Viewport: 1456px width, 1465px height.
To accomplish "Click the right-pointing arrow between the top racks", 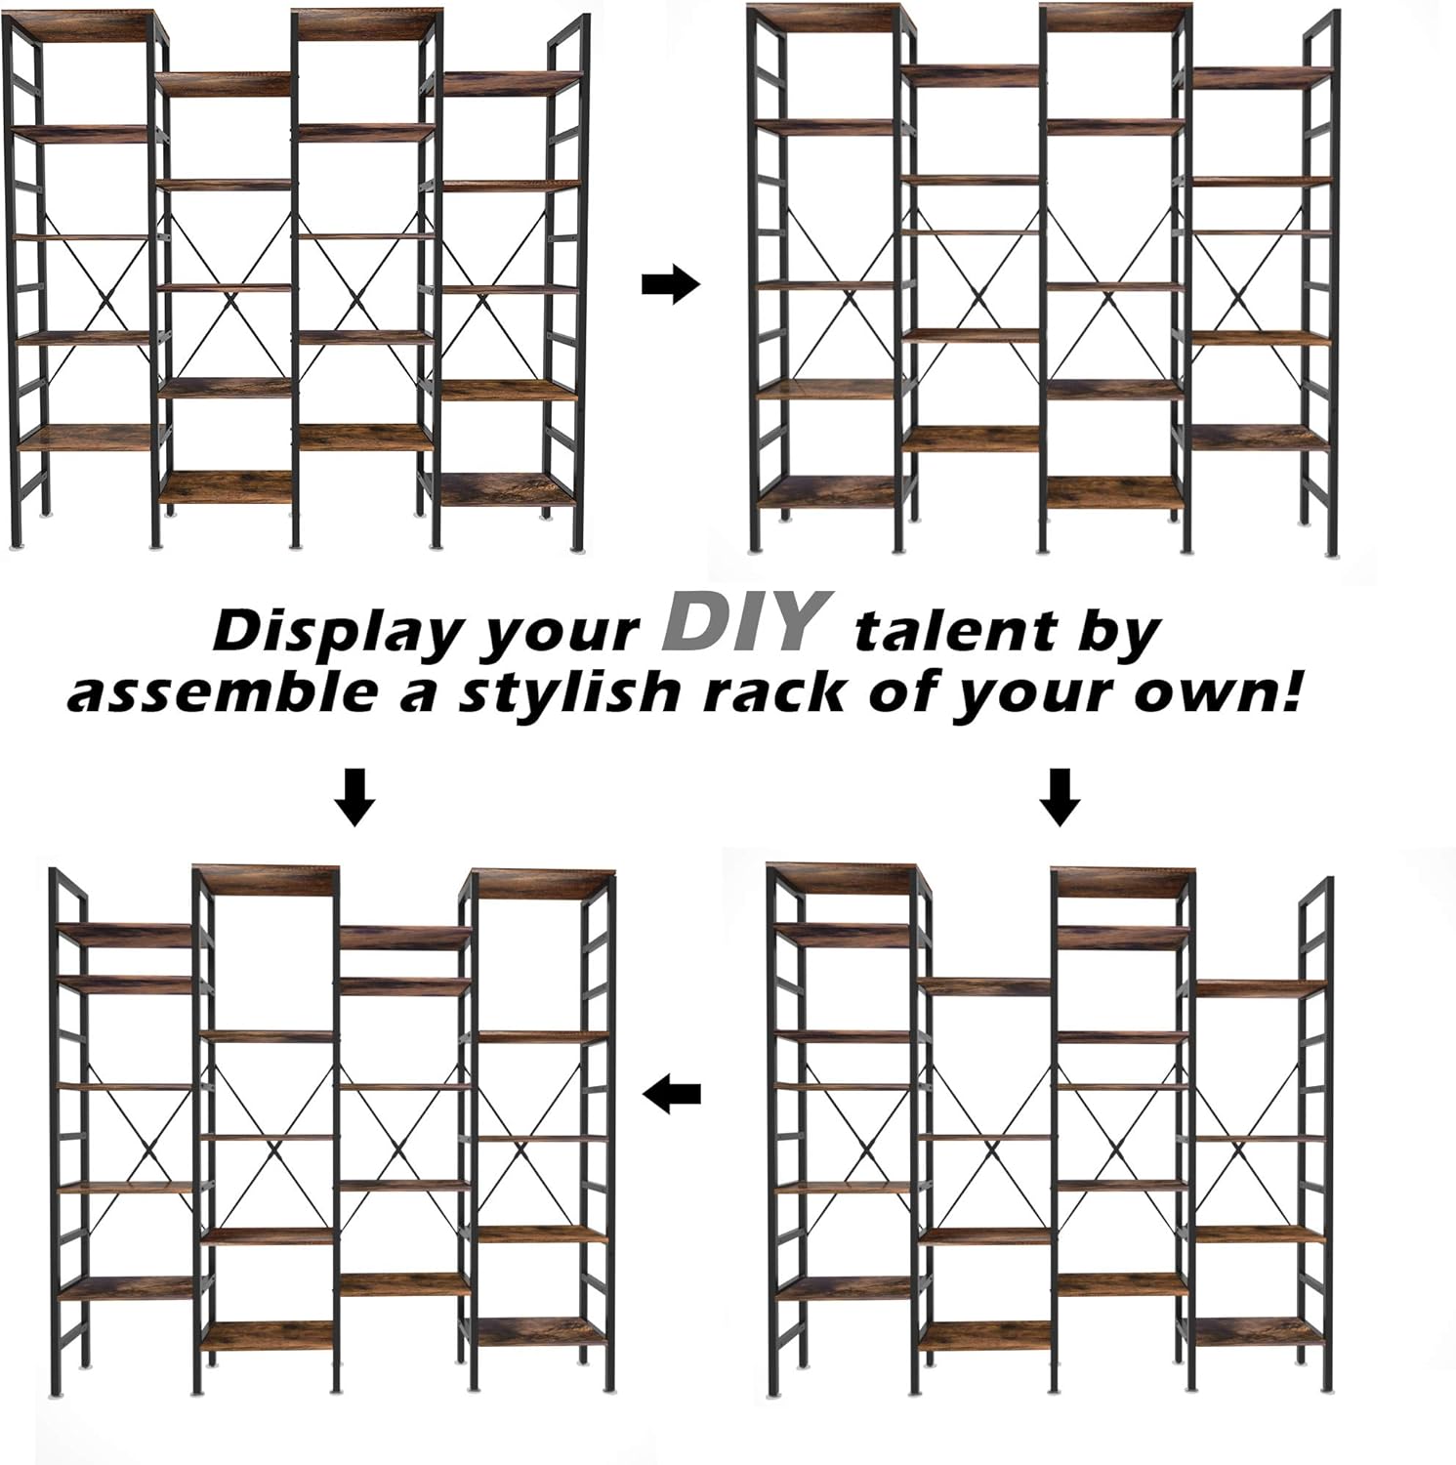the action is pos(672,286).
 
